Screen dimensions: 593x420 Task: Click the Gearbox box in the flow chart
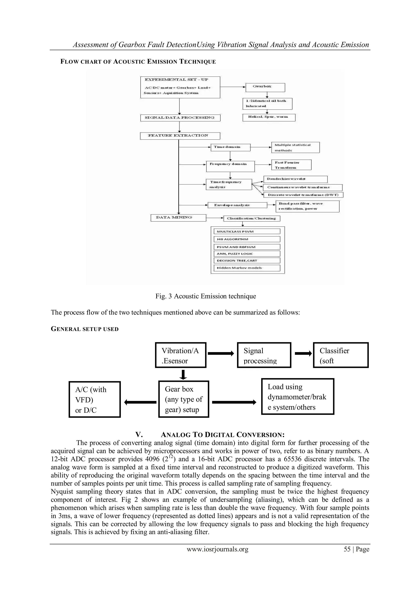coord(265,87)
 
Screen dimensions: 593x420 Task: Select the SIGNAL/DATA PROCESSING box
coord(180,118)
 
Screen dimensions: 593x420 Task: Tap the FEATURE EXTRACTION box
coord(180,136)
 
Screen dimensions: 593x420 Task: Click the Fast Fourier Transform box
coord(291,165)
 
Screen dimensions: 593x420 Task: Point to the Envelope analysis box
coord(237,205)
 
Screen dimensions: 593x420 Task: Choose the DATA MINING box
coord(178,218)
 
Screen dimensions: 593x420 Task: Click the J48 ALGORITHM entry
coord(247,239)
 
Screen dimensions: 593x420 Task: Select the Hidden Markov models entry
coord(247,268)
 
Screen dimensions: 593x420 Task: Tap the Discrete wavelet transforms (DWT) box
coord(303,195)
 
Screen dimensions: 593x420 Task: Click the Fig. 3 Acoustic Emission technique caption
coord(206,296)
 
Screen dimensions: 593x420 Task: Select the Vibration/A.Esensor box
coord(180,355)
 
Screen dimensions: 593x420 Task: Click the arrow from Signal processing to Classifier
coord(303,354)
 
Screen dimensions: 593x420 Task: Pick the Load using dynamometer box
coord(297,396)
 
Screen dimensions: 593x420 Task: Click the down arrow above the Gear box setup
coord(183,374)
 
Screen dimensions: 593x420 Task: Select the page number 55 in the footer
coord(347,549)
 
